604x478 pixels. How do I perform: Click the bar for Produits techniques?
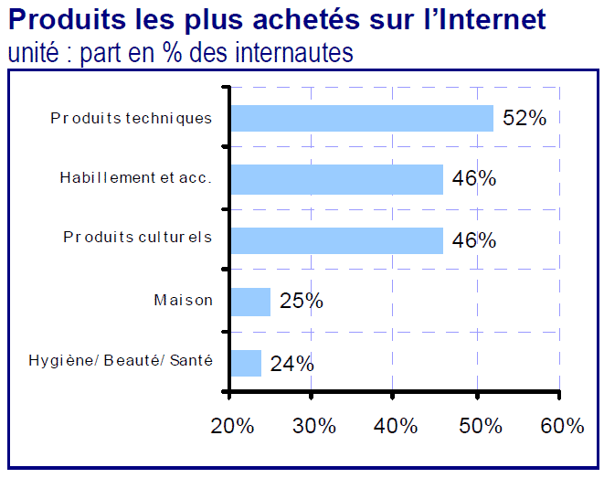tap(361, 118)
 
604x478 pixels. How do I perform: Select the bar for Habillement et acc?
tap(336, 179)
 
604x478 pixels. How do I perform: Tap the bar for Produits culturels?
tap(336, 240)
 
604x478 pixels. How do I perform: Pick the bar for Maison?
tap(250, 302)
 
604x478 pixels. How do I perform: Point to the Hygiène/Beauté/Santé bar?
tap(246, 363)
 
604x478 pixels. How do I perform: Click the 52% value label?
tap(525, 118)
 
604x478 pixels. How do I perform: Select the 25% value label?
tap(302, 301)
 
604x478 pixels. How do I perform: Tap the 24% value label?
tap(292, 363)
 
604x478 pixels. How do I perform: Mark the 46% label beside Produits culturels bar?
tap(474, 240)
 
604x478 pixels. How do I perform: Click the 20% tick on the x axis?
tap(230, 426)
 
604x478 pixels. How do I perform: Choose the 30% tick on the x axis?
tap(313, 426)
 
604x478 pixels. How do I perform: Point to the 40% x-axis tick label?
tap(395, 426)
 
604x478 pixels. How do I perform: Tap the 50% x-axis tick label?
tap(477, 426)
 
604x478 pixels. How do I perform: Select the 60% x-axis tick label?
tap(560, 426)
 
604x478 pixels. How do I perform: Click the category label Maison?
tap(183, 300)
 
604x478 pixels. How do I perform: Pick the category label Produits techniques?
tap(132, 118)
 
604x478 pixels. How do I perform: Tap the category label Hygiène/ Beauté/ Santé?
tap(121, 361)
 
